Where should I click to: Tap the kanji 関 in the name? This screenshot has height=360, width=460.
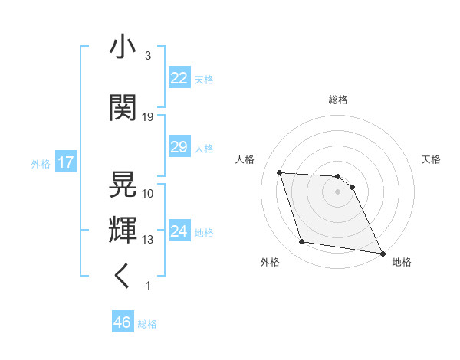click(123, 109)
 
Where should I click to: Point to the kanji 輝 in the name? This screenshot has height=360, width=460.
click(123, 229)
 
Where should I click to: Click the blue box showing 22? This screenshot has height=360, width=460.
click(179, 78)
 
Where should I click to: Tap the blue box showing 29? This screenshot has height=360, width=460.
click(179, 147)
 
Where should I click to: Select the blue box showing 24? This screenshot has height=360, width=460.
click(179, 231)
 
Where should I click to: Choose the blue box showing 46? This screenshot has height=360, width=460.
click(123, 322)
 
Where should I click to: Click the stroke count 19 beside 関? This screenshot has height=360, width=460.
click(148, 117)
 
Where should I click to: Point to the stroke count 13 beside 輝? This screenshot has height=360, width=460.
click(148, 240)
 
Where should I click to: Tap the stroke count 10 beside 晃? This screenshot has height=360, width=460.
click(148, 193)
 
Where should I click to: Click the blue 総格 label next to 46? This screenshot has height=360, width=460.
click(147, 324)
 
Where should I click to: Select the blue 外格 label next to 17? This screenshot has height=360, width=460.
click(40, 163)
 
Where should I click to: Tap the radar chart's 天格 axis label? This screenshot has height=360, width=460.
click(432, 159)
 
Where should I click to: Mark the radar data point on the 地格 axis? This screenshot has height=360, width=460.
click(381, 251)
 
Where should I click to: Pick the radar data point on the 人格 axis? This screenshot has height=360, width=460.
click(280, 172)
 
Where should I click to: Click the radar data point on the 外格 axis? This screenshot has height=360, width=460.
click(302, 242)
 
